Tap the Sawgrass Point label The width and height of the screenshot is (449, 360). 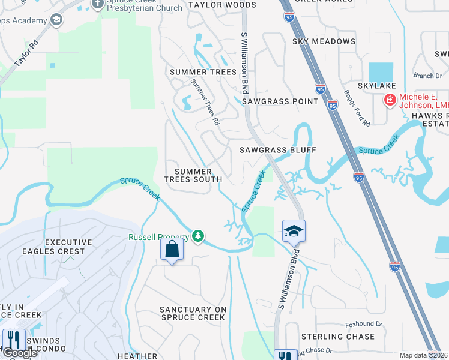(x=280, y=101)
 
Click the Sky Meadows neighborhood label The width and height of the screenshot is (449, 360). (x=324, y=41)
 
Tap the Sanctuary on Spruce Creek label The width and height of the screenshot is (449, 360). (x=193, y=313)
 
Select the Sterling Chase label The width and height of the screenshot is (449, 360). (x=337, y=337)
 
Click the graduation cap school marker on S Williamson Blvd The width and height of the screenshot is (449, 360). (x=294, y=230)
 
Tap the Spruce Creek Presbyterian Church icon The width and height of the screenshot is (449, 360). (x=98, y=5)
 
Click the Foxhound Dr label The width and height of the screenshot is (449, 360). (x=364, y=324)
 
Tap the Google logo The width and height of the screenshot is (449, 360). (x=20, y=353)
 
